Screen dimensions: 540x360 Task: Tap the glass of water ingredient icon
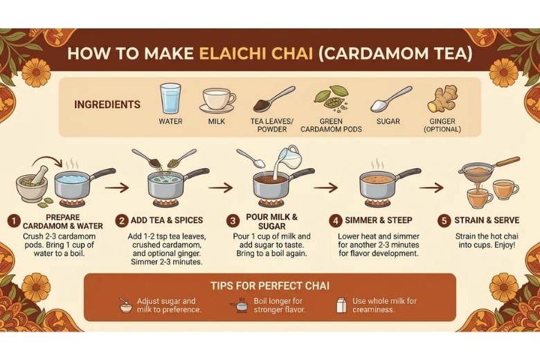(170, 99)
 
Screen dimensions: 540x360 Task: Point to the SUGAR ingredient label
(388, 122)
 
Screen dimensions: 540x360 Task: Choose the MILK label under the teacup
(217, 122)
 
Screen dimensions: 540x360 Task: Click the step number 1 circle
(14, 221)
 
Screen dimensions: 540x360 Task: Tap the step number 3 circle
(233, 220)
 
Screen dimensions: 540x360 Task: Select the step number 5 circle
(444, 220)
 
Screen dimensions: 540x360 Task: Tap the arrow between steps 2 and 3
(221, 188)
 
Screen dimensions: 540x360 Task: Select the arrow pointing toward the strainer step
(431, 188)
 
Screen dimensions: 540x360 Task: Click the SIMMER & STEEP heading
(379, 220)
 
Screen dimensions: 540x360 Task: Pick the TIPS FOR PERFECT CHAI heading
(270, 286)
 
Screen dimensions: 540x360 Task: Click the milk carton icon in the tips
(341, 305)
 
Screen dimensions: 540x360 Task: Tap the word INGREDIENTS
(107, 105)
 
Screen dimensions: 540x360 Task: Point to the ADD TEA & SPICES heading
(167, 220)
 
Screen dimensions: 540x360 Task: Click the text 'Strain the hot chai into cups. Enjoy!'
(487, 241)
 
